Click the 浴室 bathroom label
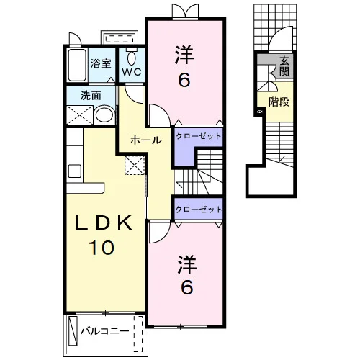tap(101, 63)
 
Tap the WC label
tap(132, 71)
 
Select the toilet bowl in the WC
tap(132, 58)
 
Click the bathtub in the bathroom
tap(77, 65)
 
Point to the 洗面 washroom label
tap(91, 96)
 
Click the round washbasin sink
tap(104, 115)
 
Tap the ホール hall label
tap(145, 140)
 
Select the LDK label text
tap(104, 223)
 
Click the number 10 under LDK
tap(102, 248)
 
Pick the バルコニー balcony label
tap(104, 331)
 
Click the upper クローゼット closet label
tap(199, 136)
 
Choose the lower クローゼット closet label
tap(199, 210)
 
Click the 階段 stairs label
tap(279, 102)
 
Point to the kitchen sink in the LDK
tap(75, 171)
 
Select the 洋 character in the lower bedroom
tap(187, 265)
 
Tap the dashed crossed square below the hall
tap(135, 165)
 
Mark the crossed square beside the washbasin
tap(79, 115)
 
